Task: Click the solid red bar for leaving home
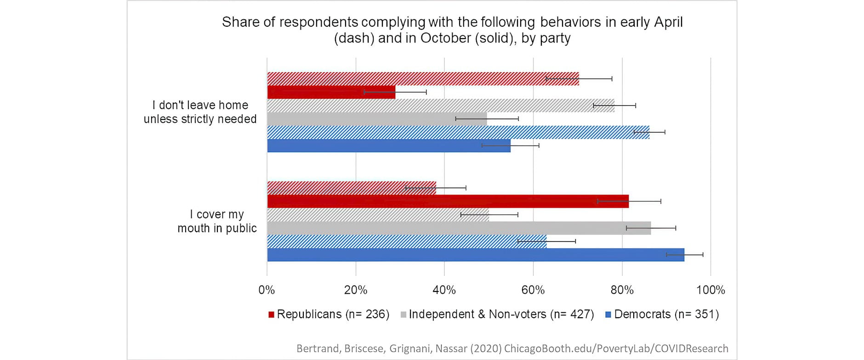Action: pos(331,92)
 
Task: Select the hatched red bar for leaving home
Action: pos(423,79)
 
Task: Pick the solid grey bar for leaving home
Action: pos(377,119)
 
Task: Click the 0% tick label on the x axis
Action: pos(267,290)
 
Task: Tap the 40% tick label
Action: pos(444,290)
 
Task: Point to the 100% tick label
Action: pos(711,290)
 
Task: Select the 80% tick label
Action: pos(622,290)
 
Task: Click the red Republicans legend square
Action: pos(271,315)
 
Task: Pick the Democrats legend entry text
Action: pos(666,314)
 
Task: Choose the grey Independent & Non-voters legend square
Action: pos(404,315)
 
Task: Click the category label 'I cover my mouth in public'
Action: pos(217,221)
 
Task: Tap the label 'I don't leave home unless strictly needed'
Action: pos(200,112)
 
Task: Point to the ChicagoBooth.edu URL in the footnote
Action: pos(616,349)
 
